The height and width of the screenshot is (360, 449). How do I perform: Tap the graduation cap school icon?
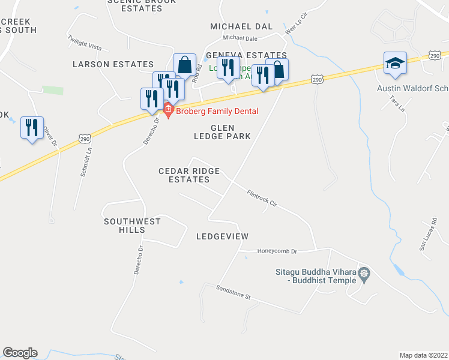point(395,64)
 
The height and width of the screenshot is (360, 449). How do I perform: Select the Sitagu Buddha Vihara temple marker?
point(364,275)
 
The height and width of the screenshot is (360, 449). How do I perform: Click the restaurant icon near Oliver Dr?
point(32,128)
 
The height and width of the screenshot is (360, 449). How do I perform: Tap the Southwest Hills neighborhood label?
point(132,226)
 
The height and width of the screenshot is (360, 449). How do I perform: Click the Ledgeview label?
point(222,236)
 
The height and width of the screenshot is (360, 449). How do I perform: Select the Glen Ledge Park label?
point(231,132)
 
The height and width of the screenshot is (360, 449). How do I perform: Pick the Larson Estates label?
point(113,64)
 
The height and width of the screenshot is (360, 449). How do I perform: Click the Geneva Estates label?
point(246,55)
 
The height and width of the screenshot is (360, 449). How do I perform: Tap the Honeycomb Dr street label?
point(277,251)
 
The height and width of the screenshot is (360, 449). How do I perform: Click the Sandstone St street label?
point(234,292)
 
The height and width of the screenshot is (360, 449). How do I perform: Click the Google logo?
point(20,353)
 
